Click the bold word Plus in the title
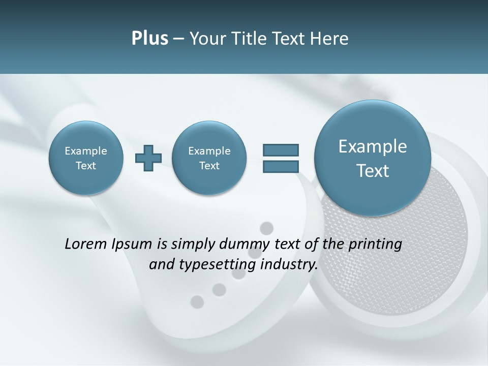coord(149,39)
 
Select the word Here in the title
coord(330,39)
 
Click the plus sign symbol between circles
coord(148,158)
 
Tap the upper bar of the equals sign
coord(281,150)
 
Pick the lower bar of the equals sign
coord(281,166)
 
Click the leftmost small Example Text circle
coord(86,158)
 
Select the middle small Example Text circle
coord(209,158)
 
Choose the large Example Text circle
coord(373,158)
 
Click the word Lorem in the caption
coord(86,245)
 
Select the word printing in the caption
coord(375,245)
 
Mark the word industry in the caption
coord(289,265)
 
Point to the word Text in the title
coord(288,39)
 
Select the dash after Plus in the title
coord(179,39)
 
